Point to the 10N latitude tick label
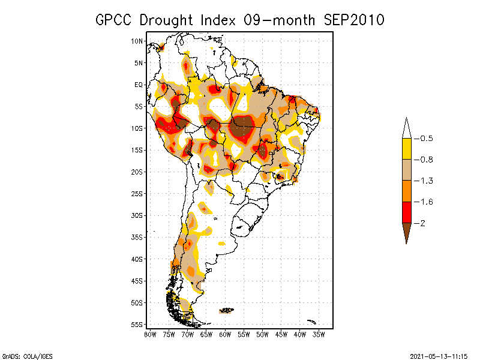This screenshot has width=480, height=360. pyautogui.click(x=137, y=41)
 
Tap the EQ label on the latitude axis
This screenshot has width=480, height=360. pyautogui.click(x=139, y=85)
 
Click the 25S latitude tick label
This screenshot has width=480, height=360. pyautogui.click(x=137, y=194)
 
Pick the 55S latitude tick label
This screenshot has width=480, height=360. pyautogui.click(x=137, y=325)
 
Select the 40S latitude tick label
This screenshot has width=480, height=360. pyautogui.click(x=137, y=259)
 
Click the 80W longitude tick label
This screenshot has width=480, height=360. pyautogui.click(x=150, y=334)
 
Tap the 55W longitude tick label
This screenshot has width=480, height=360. pyautogui.click(x=244, y=334)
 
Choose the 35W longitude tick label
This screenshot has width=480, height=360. pyautogui.click(x=319, y=334)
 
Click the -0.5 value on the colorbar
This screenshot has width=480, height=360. pyautogui.click(x=425, y=139)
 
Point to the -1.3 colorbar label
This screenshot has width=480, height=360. pyautogui.click(x=425, y=181)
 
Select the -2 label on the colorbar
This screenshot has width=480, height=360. pyautogui.click(x=422, y=223)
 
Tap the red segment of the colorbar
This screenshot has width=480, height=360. pyautogui.click(x=406, y=212)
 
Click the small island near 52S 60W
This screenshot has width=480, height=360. pyautogui.click(x=226, y=310)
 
